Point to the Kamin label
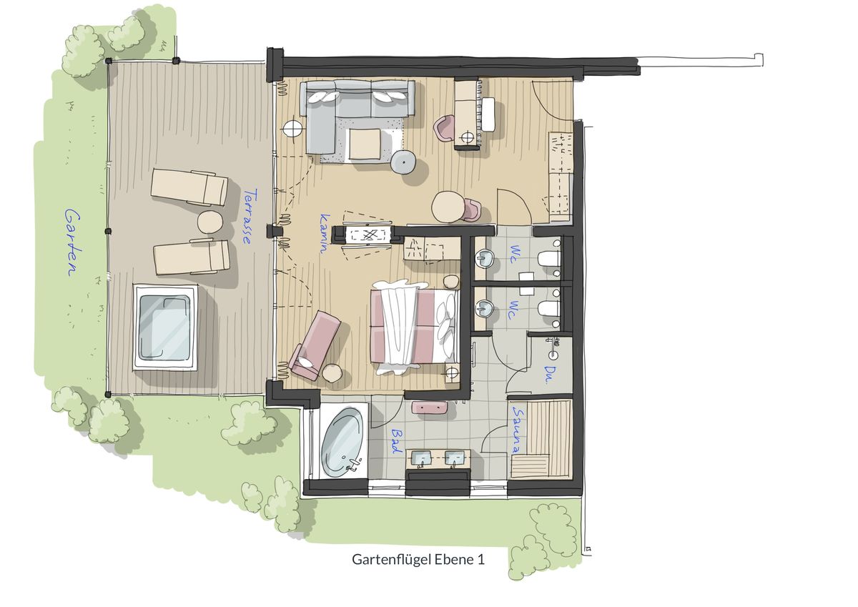click(x=325, y=233)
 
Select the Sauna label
click(x=518, y=430)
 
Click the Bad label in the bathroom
click(x=396, y=441)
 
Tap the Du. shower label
click(x=548, y=375)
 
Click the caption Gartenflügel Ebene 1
click(x=418, y=560)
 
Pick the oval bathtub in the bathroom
click(x=342, y=443)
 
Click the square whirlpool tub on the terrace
click(x=164, y=327)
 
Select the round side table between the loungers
click(x=210, y=222)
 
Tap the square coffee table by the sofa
click(x=365, y=144)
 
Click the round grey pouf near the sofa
click(x=404, y=162)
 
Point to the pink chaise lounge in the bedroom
click(x=314, y=345)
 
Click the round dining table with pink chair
click(x=448, y=207)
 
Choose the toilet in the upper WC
click(x=549, y=259)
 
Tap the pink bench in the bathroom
click(x=430, y=407)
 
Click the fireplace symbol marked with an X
click(x=368, y=235)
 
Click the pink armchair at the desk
click(x=443, y=127)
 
